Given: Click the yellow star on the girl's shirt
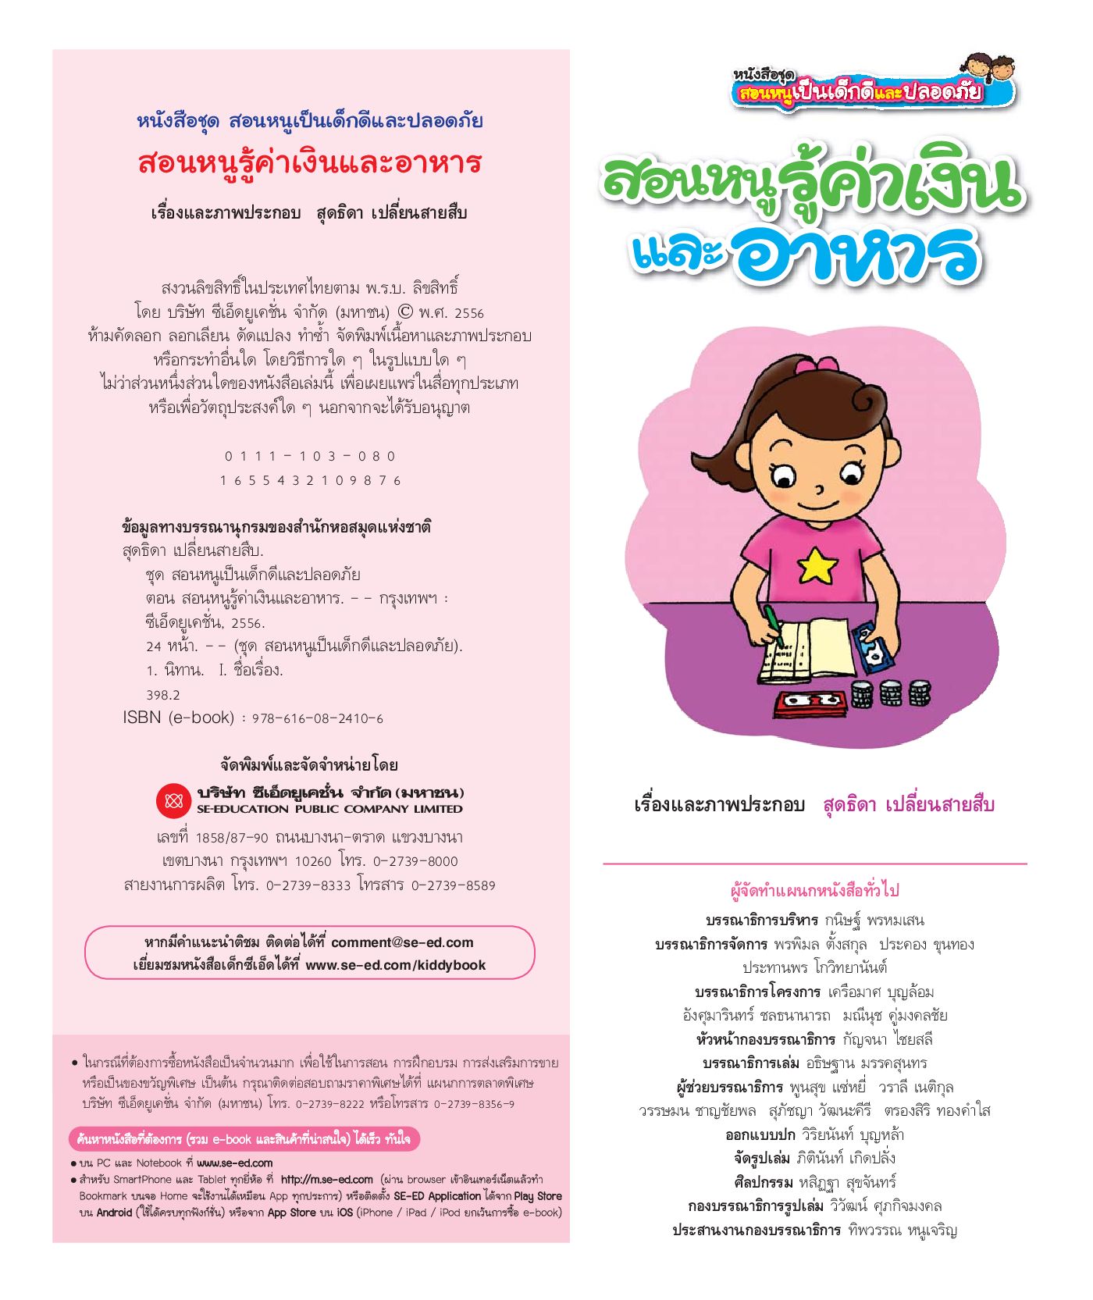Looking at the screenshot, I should point(817,565).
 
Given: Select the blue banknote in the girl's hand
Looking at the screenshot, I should point(874,647).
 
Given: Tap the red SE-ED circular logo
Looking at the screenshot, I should point(173,800).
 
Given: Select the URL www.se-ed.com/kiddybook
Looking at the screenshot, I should point(395,965).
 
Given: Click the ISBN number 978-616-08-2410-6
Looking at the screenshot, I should point(318,718).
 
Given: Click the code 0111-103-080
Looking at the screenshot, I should point(310,456).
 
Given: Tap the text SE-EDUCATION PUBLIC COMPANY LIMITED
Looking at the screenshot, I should point(329,810).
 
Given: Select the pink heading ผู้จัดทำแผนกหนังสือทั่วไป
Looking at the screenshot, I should point(814,890).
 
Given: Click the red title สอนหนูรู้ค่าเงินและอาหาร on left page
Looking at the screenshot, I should point(310,163).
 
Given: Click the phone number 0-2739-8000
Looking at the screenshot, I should point(415,861).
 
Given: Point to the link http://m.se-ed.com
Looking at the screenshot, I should point(326,1180).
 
